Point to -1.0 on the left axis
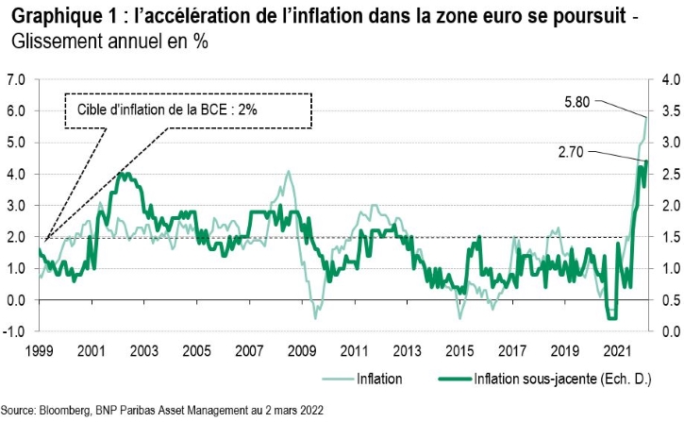point(15,331)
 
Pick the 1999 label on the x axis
point(39,351)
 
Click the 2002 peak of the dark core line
point(120,174)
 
